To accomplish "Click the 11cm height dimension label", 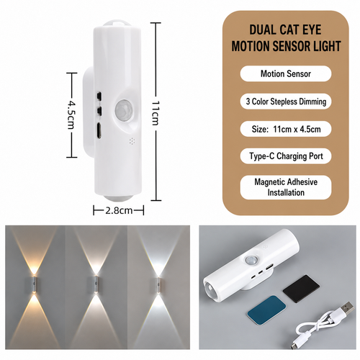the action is click(156, 112).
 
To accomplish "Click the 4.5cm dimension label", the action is click(71, 114).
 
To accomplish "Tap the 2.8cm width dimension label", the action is click(119, 210).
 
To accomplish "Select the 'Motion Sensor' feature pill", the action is click(286, 73).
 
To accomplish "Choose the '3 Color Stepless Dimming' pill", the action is click(286, 102).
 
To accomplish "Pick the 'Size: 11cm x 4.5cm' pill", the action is click(286, 129).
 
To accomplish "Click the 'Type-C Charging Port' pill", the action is click(286, 156).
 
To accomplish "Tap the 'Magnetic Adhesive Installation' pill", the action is click(286, 187).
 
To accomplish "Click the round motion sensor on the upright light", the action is click(124, 109).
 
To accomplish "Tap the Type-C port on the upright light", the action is click(99, 130).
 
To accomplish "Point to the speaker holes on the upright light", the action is click(132, 141).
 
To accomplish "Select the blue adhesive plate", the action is click(266, 308).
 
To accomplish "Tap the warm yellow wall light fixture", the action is click(34, 285).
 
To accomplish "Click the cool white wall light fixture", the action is click(158, 285).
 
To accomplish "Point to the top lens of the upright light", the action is click(116, 24).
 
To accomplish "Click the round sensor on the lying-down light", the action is click(251, 261).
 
